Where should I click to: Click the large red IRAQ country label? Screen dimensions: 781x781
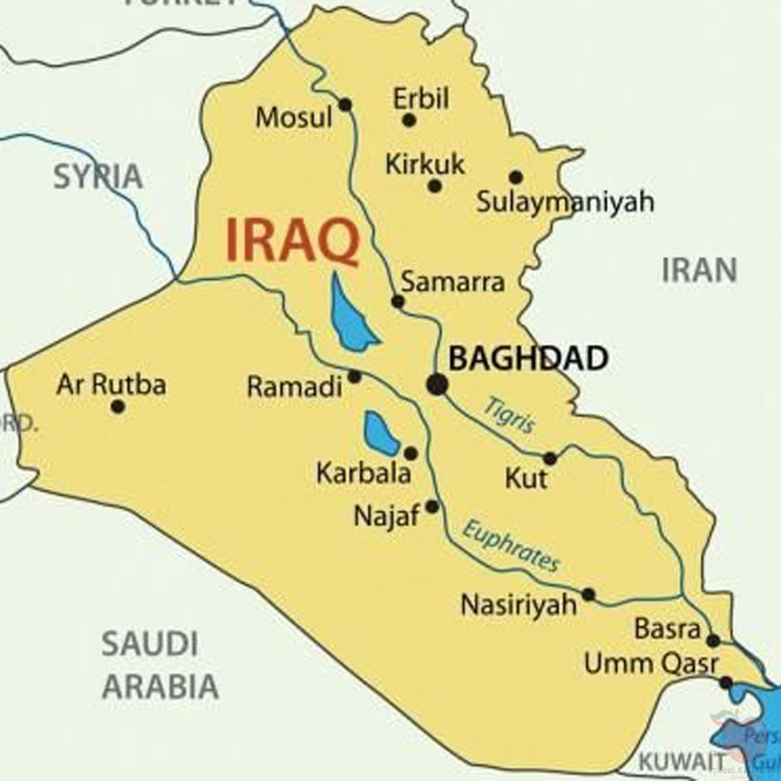click(x=292, y=242)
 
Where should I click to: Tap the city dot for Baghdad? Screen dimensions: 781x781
click(x=437, y=385)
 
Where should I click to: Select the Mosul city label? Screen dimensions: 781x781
click(x=294, y=117)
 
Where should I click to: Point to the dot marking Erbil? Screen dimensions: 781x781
click(x=409, y=120)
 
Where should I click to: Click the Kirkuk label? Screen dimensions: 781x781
click(x=424, y=165)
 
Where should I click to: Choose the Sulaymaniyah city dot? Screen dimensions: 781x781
click(x=516, y=177)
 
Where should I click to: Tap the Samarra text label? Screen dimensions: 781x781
click(x=453, y=282)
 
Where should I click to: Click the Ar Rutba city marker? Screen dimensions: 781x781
click(x=118, y=406)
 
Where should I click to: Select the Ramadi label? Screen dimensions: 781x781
click(x=294, y=388)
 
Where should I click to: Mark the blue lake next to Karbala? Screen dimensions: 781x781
click(x=380, y=432)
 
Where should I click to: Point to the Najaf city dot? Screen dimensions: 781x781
click(x=432, y=507)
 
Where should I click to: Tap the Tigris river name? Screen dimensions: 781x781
click(x=509, y=415)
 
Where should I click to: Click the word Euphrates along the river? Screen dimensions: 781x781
click(x=511, y=547)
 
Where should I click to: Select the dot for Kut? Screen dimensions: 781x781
click(x=550, y=458)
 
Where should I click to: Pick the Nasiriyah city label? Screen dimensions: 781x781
click(x=518, y=605)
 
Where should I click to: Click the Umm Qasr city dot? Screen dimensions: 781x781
click(x=726, y=683)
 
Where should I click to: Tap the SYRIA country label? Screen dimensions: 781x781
click(x=98, y=176)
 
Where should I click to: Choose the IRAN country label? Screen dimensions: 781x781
click(x=699, y=270)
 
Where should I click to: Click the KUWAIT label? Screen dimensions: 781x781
click(x=681, y=761)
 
